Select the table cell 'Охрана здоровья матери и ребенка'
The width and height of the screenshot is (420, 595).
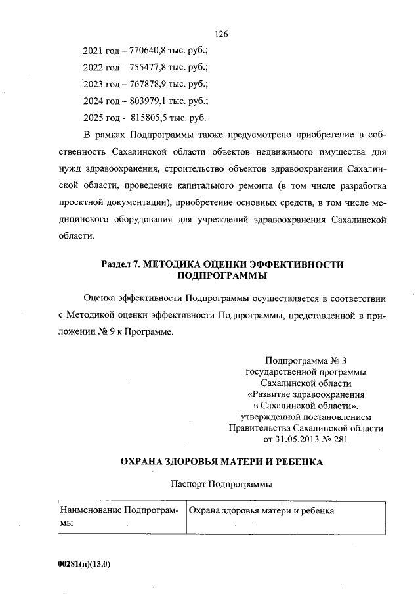[262, 511]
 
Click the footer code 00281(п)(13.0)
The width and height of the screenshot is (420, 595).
[84, 563]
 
